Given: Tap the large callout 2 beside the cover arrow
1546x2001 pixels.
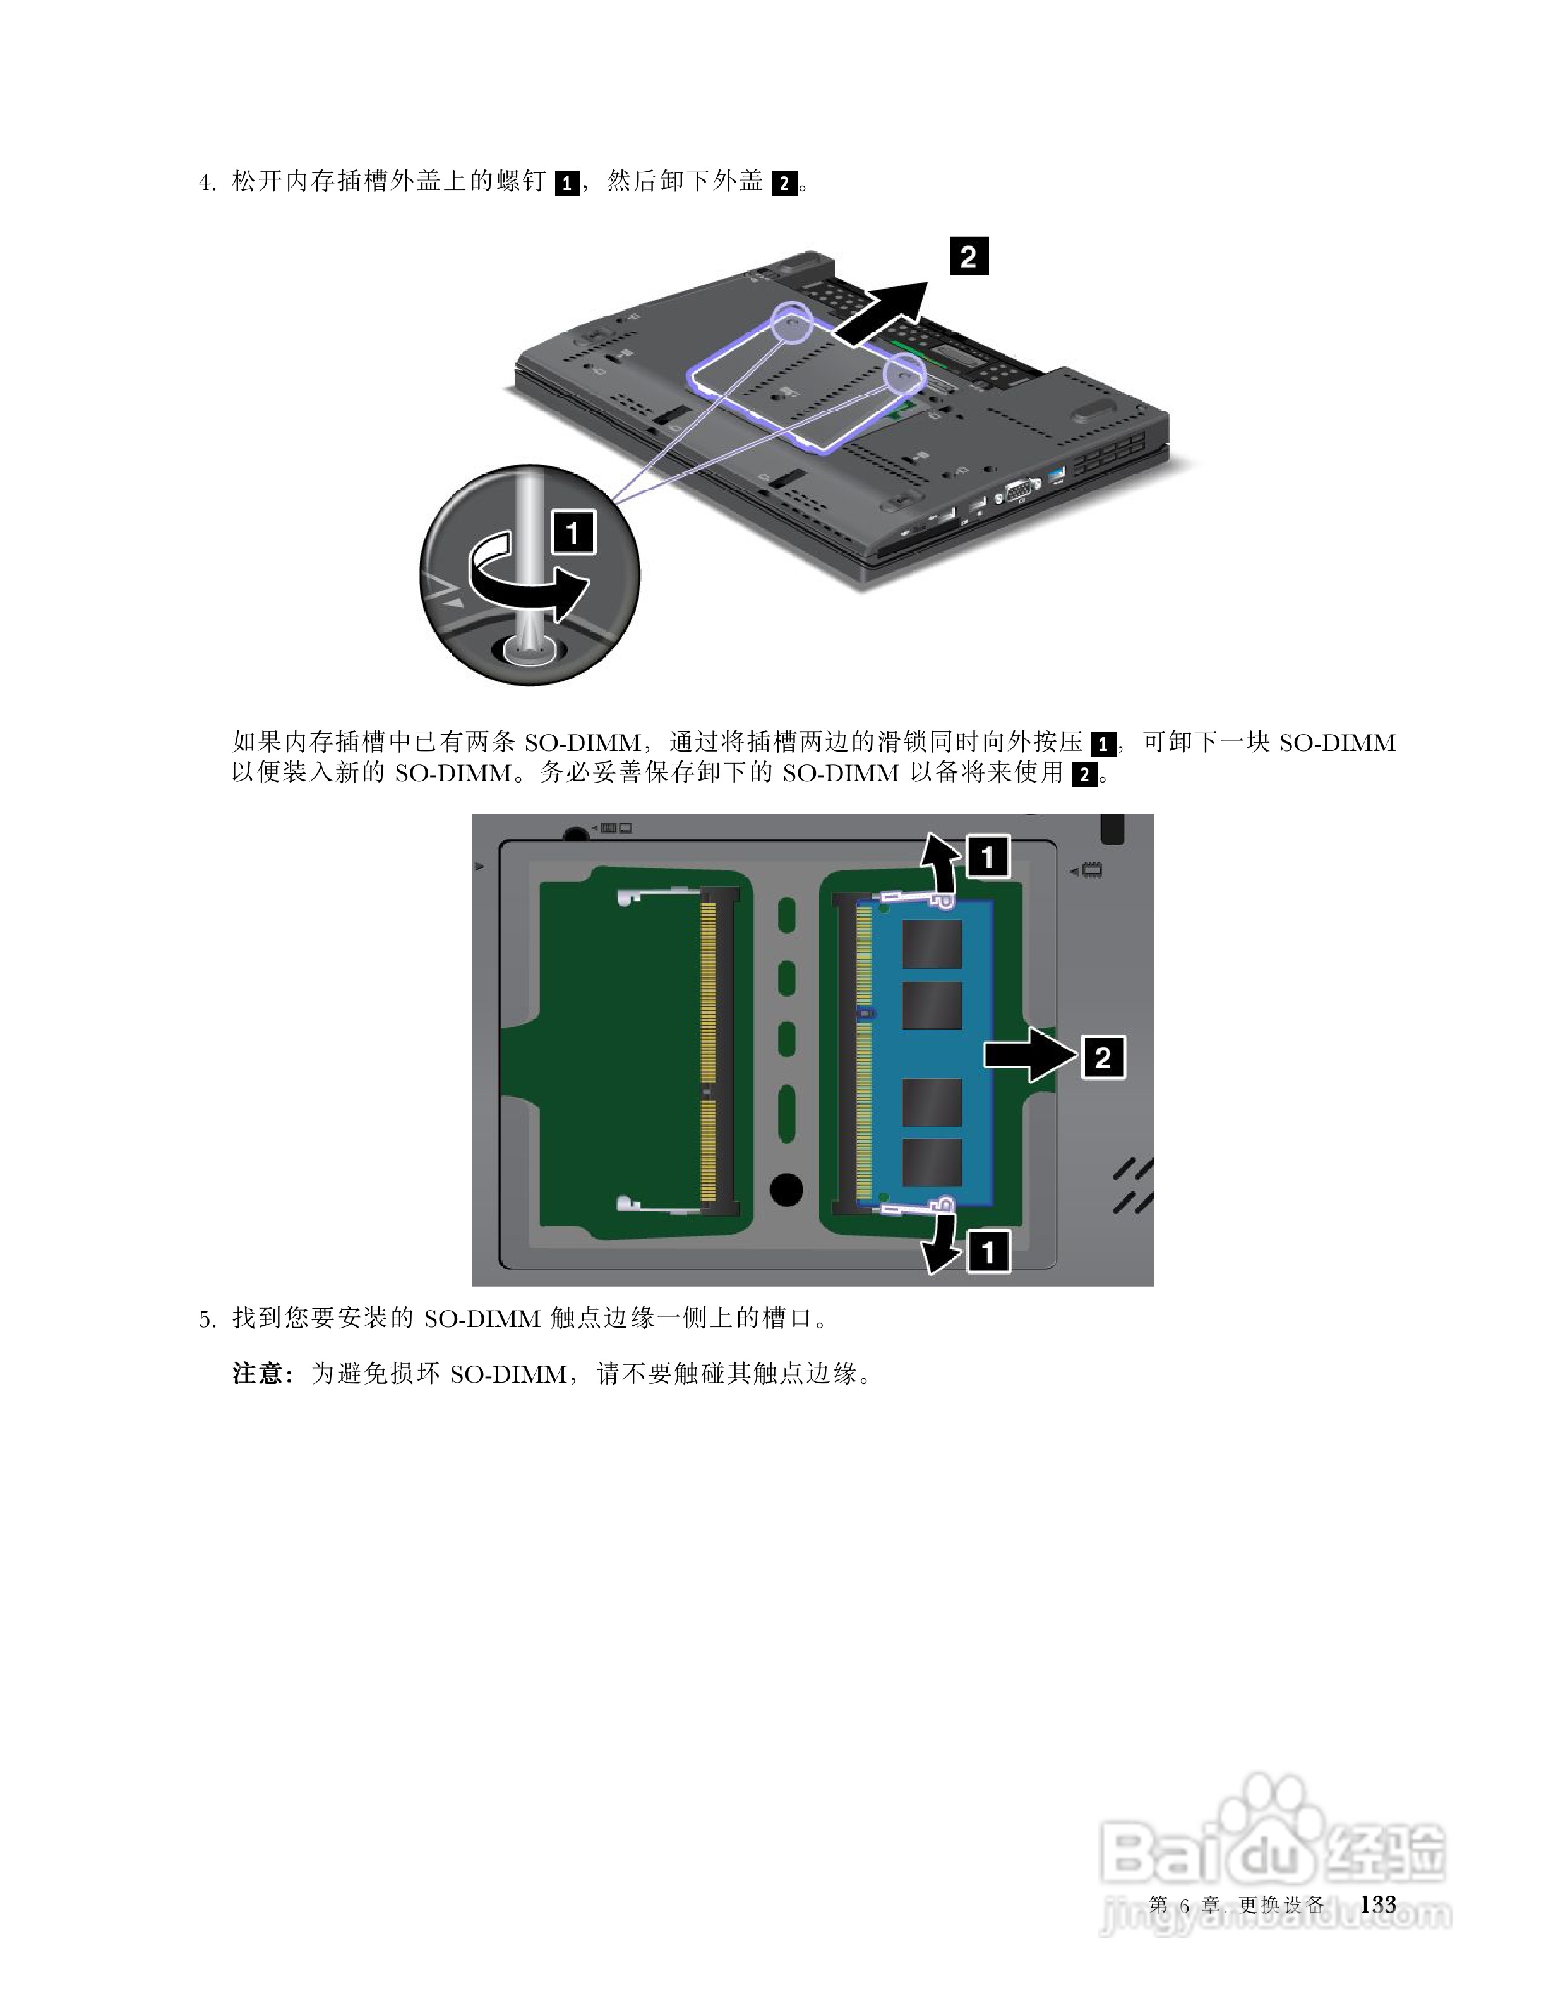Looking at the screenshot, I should pyautogui.click(x=968, y=256).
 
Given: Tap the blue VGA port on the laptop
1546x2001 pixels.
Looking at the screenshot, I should pyautogui.click(x=1017, y=492).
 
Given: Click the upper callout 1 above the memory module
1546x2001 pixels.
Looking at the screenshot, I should pyautogui.click(x=987, y=858).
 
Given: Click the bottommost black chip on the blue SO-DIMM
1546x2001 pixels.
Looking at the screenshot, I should pyautogui.click(x=932, y=1163).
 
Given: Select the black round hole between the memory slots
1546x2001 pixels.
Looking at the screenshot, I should pyautogui.click(x=787, y=1190).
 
